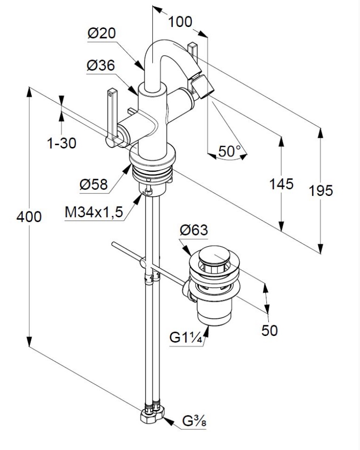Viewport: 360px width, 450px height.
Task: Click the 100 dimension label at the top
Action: coord(180,21)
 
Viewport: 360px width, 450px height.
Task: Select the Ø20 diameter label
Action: coord(101,34)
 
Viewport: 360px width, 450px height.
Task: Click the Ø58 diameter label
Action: coord(94,185)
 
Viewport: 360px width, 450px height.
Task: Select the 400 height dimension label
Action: coord(29,217)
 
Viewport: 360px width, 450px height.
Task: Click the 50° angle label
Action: coord(230,151)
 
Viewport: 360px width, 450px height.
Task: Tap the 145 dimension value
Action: coord(281,184)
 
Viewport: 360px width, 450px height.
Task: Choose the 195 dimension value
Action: coord(320,190)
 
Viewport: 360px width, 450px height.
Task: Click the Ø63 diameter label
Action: coord(193,230)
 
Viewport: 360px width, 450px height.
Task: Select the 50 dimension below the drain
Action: coord(269,330)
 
